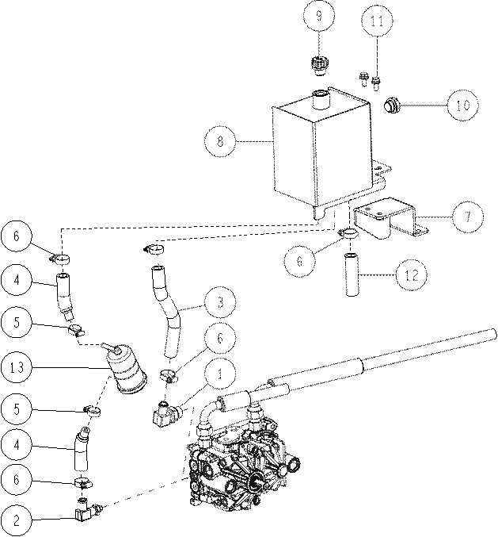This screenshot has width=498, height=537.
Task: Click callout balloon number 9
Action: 319,17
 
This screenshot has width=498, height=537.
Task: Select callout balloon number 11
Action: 378,21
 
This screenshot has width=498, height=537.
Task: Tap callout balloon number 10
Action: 463,105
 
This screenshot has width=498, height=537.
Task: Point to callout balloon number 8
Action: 220,141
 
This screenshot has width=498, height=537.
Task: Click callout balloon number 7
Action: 468,217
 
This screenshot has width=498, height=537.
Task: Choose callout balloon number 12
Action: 412,275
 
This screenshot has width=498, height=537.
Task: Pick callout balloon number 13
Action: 17,367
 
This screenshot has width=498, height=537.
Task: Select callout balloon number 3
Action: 220,301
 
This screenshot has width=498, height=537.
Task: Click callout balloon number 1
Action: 220,374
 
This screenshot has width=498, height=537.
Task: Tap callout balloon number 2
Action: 17,520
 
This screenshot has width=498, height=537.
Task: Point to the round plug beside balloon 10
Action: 390,105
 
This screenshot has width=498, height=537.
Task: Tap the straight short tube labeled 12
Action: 352,274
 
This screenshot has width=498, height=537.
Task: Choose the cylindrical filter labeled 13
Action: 125,369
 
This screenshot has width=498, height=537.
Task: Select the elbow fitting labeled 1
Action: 167,412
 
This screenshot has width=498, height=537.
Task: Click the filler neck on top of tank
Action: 321,99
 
